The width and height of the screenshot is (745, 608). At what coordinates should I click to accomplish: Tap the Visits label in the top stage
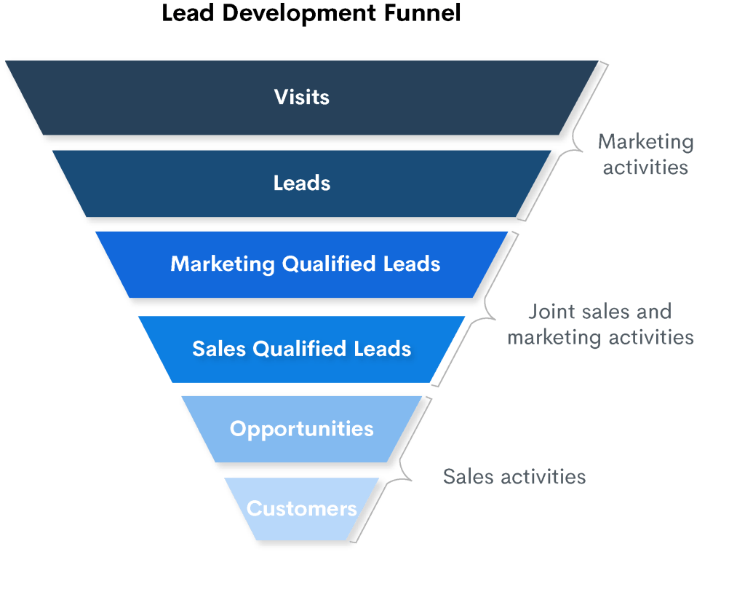[x=302, y=97]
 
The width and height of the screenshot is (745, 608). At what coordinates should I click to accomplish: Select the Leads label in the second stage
[x=302, y=183]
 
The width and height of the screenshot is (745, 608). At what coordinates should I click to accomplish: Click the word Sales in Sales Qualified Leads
[x=219, y=349]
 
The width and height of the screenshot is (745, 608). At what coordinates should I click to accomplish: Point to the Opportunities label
[x=302, y=428]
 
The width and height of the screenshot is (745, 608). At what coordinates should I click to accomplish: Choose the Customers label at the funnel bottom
[x=302, y=508]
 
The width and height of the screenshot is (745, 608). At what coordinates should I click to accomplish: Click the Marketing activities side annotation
[x=645, y=154]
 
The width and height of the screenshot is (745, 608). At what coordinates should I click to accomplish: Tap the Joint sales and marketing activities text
[x=600, y=325]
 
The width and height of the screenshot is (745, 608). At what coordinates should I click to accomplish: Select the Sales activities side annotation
[x=514, y=477]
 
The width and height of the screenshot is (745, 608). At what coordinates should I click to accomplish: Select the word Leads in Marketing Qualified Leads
[x=413, y=264]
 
